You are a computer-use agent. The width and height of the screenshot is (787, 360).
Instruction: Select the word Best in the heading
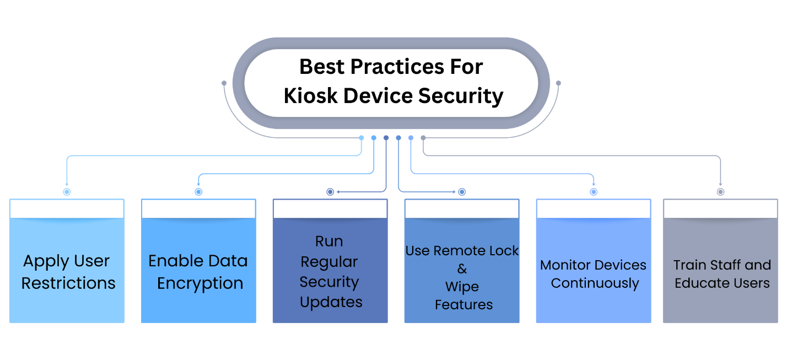click(x=321, y=67)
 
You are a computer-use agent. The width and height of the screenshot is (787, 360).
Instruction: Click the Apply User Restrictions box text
click(x=67, y=272)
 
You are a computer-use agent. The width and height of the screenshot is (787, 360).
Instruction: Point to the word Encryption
click(x=200, y=283)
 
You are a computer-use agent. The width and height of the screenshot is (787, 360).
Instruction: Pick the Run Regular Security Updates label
click(x=330, y=272)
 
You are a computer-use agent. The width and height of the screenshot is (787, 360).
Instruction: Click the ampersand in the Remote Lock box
click(x=462, y=269)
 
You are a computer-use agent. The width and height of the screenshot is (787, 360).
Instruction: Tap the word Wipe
click(x=462, y=287)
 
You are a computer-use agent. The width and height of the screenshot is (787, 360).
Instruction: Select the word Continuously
click(x=595, y=283)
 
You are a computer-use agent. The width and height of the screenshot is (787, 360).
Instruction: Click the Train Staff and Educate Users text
click(x=721, y=274)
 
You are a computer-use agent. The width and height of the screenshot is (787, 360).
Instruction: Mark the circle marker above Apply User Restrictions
click(x=67, y=192)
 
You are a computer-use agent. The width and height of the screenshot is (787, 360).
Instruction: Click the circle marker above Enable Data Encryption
click(x=198, y=192)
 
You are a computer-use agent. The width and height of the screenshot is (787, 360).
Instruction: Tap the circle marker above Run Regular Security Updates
click(x=330, y=192)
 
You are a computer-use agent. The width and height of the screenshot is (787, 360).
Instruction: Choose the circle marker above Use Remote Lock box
click(x=462, y=192)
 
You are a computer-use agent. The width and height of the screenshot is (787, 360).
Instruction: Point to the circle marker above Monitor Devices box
click(x=594, y=192)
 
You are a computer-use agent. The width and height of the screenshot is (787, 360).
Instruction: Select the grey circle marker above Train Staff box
click(x=720, y=192)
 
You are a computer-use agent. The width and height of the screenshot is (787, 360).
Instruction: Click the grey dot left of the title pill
click(x=224, y=83)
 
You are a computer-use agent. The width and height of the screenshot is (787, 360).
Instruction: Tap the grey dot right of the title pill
click(x=558, y=83)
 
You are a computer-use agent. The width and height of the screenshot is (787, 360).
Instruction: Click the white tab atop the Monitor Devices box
click(x=594, y=209)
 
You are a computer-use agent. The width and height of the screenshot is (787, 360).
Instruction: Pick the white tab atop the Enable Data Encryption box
click(x=198, y=209)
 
